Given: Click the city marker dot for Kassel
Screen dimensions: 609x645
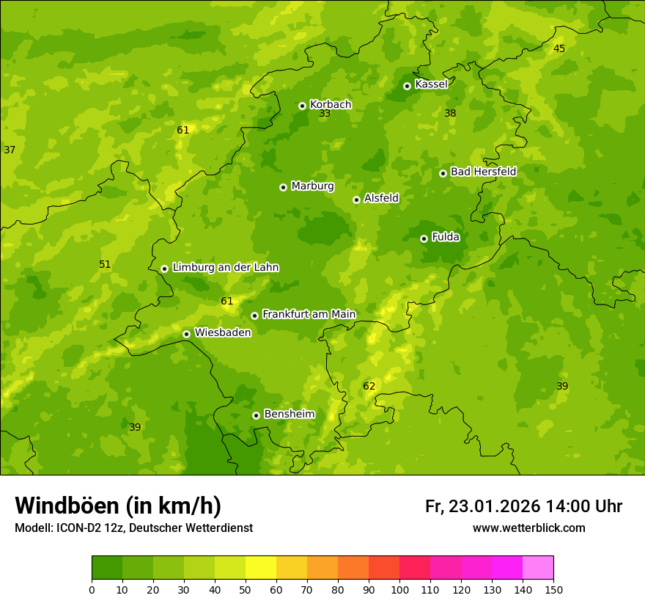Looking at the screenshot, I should tap(407, 86).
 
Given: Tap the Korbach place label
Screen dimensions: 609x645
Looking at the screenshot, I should tap(331, 104).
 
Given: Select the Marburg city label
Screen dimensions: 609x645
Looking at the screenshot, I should tap(312, 186).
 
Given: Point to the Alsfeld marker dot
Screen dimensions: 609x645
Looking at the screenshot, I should tap(356, 200).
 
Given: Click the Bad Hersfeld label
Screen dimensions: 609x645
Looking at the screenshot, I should tap(483, 172).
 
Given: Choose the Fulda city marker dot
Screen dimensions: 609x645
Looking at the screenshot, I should tap(424, 238).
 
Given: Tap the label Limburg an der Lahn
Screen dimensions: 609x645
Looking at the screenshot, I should tap(225, 267).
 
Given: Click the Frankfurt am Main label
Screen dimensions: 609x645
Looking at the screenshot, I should tap(309, 314).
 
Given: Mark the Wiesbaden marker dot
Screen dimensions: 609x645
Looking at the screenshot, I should tap(186, 334).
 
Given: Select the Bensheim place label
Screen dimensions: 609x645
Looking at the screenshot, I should tap(289, 414).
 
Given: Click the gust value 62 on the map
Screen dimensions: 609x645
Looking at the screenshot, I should tap(369, 386).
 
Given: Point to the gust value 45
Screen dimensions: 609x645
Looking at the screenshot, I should tap(559, 48).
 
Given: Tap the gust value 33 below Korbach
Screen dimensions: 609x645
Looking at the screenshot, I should tap(325, 114).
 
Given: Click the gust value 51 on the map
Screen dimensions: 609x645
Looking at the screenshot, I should tap(105, 264).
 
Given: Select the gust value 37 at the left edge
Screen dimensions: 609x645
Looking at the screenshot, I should tap(10, 150).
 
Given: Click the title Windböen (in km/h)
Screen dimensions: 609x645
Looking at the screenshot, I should tap(118, 506).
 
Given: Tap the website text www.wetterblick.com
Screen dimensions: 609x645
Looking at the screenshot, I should tap(528, 528).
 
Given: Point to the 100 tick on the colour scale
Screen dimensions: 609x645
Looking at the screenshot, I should tap(399, 589).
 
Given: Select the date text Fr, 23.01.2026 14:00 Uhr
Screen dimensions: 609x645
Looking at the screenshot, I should tap(523, 506).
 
